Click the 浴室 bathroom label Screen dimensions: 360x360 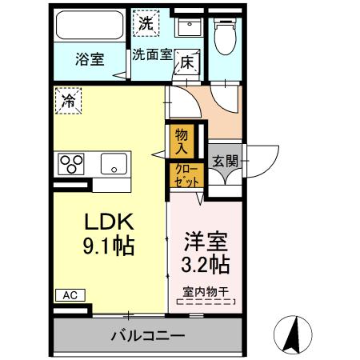(90, 58)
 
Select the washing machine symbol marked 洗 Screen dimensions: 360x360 (146, 22)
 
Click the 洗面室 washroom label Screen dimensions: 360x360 (152, 55)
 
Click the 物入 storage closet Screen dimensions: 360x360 (182, 142)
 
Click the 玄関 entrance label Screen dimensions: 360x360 (224, 161)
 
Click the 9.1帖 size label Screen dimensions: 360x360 (107, 246)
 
